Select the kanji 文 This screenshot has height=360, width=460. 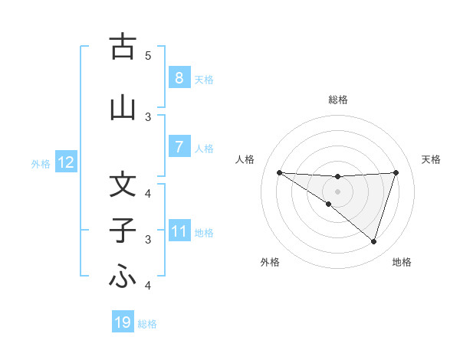click(x=123, y=185)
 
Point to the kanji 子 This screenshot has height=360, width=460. click(x=123, y=231)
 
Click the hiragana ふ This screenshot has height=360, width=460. click(x=123, y=277)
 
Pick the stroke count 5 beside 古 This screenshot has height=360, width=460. click(x=148, y=56)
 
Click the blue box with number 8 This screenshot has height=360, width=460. click(x=179, y=77)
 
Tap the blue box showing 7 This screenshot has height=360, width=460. click(x=179, y=146)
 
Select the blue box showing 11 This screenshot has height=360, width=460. click(x=179, y=231)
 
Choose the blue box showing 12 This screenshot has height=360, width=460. click(x=66, y=162)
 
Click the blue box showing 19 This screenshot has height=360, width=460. click(x=123, y=322)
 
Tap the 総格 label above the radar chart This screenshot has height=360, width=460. click(x=337, y=100)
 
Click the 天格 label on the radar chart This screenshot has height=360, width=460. click(x=432, y=159)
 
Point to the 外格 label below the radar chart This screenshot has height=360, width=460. click(x=270, y=262)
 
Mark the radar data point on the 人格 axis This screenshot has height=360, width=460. click(x=279, y=172)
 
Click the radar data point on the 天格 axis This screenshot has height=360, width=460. click(x=396, y=172)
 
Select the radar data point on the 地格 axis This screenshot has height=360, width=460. click(x=373, y=241)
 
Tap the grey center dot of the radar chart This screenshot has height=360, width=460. click(x=337, y=191)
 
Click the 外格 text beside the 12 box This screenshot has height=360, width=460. click(x=41, y=163)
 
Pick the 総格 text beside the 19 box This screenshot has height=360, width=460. click(x=147, y=323)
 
